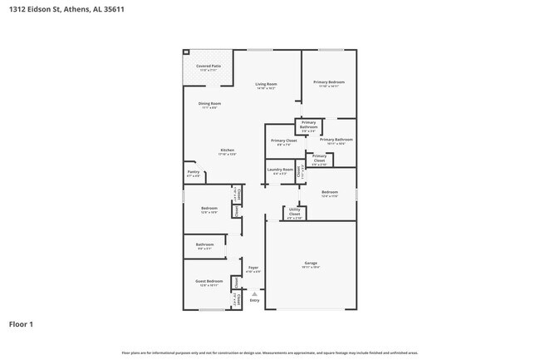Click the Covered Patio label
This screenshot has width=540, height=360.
click(209, 66)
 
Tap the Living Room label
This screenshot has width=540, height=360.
click(266, 84)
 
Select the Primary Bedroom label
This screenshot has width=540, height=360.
click(328, 81)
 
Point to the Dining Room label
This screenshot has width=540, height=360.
click(209, 103)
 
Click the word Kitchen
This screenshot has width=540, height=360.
click(227, 150)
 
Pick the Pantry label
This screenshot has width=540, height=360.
click(193, 173)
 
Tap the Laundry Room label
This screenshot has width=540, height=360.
click(280, 170)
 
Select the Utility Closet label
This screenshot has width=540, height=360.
click(295, 213)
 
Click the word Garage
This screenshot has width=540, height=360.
click(311, 263)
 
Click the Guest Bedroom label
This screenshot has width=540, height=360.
click(209, 281)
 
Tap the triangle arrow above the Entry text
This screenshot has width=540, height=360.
click(254, 293)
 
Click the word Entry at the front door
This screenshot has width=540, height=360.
click(254, 300)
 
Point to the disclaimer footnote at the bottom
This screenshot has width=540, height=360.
click(269, 353)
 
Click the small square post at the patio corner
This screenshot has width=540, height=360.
click(186, 52)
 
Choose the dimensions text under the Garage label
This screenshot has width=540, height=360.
click(311, 268)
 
